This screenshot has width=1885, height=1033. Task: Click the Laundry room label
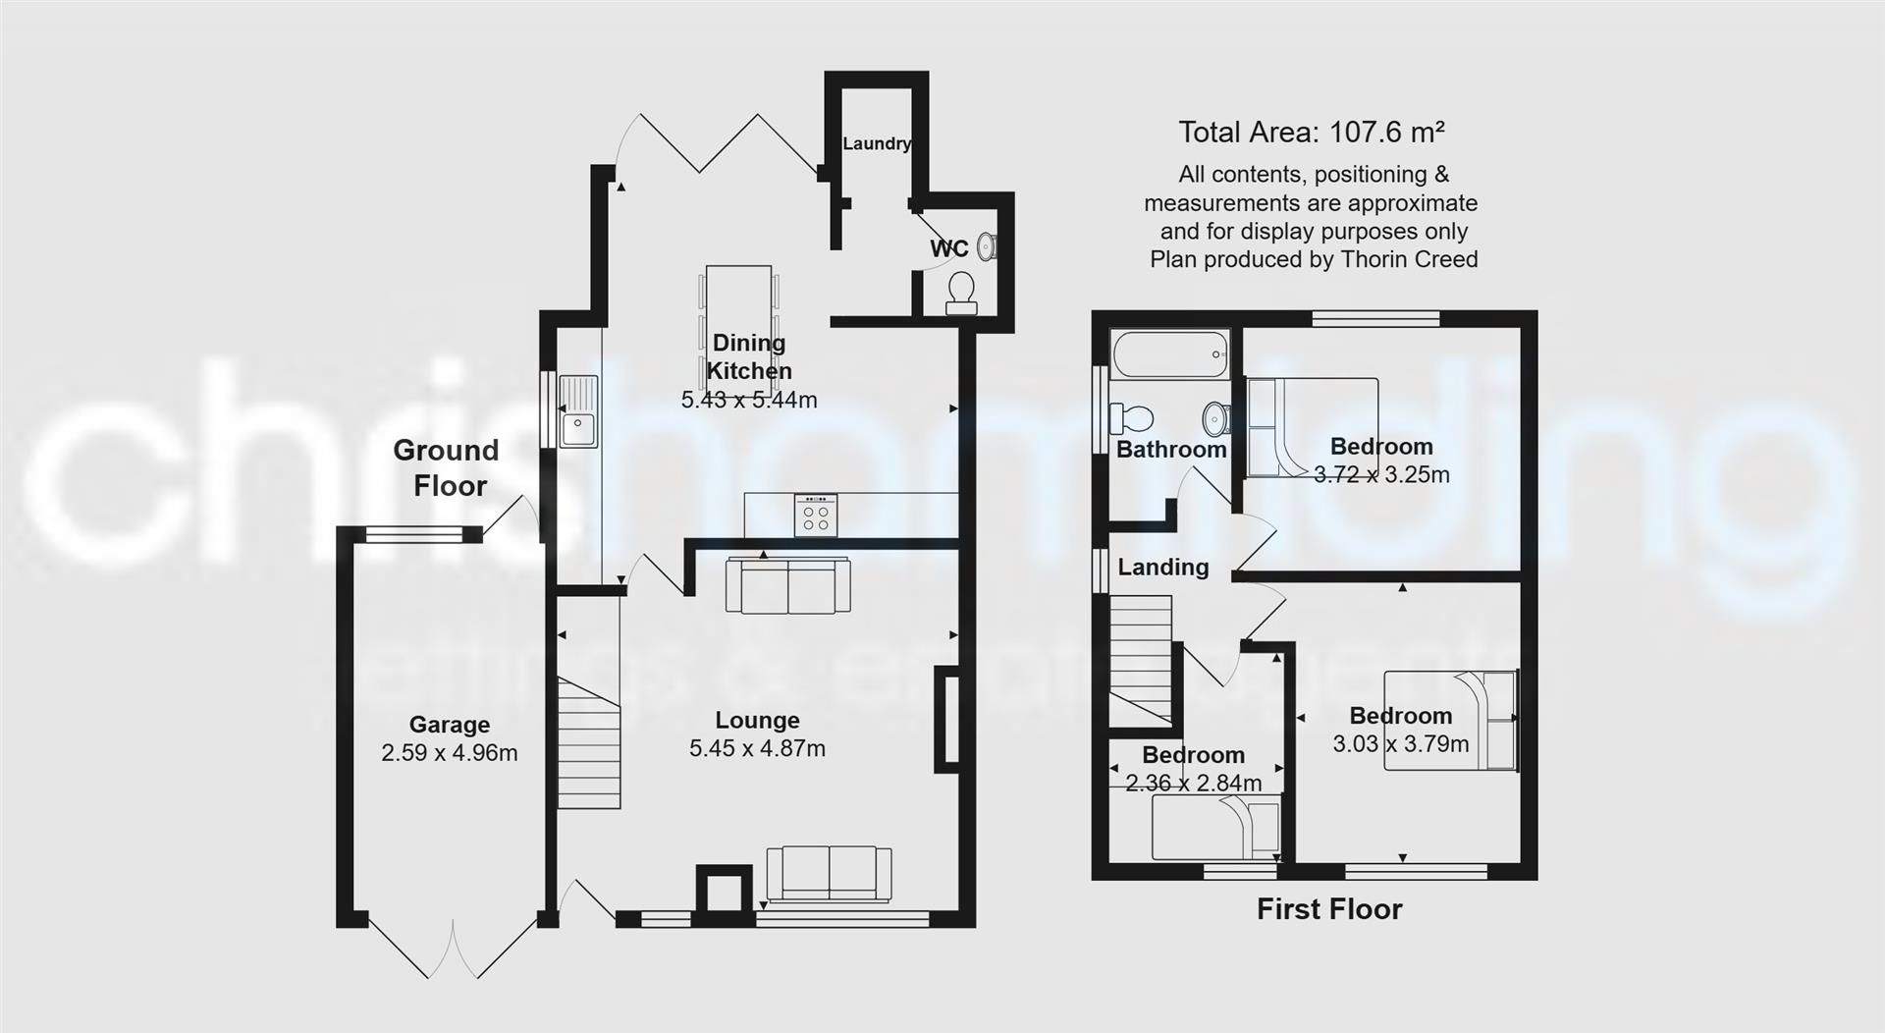[x=877, y=143]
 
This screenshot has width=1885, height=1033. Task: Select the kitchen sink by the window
[x=578, y=411]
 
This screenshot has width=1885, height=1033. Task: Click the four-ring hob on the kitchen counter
[x=816, y=516]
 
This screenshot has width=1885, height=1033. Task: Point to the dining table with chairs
[x=738, y=312]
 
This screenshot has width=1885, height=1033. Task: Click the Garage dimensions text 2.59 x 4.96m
[x=449, y=753]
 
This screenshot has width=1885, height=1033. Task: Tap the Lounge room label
[x=757, y=721]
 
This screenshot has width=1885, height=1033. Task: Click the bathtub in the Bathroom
[x=1169, y=354]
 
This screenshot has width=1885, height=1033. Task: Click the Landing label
[x=1163, y=567]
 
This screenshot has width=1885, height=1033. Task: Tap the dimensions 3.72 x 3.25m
[x=1381, y=474]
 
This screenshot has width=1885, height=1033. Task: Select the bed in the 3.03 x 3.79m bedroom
[x=1450, y=721]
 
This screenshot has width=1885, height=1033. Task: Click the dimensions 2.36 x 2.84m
[x=1193, y=783]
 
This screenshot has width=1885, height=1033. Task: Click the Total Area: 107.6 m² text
[x=1311, y=132]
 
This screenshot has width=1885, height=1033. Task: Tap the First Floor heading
[x=1329, y=908]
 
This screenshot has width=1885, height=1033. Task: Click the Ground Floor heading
[x=447, y=467]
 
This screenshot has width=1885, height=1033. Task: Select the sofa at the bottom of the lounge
[x=829, y=874]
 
